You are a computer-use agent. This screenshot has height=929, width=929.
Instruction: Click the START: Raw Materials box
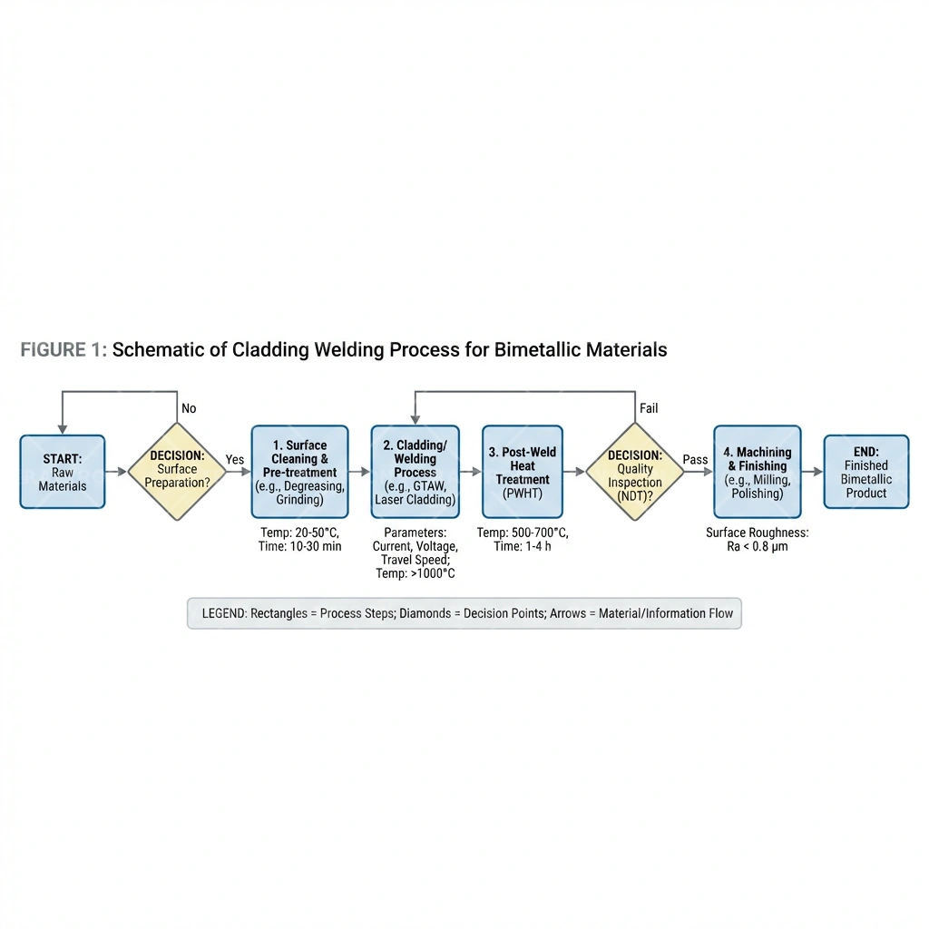click(x=63, y=472)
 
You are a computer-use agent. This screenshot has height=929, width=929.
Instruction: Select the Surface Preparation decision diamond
click(x=177, y=471)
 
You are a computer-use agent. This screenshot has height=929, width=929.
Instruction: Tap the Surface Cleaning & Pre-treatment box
click(x=299, y=472)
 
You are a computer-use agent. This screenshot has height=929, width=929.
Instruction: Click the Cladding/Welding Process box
click(x=416, y=472)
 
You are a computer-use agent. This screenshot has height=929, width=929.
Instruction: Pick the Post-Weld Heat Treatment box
click(x=523, y=472)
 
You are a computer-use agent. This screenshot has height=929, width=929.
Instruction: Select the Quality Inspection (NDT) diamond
click(x=634, y=471)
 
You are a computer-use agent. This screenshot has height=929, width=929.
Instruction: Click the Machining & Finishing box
click(x=758, y=472)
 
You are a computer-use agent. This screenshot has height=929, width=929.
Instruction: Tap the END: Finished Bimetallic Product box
click(x=865, y=472)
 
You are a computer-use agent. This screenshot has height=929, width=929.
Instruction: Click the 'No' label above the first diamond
click(x=189, y=408)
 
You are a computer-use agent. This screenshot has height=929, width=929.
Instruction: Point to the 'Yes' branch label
click(x=235, y=460)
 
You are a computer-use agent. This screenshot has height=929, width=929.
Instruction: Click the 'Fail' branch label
click(x=649, y=408)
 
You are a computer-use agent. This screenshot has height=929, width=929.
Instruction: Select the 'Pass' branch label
click(x=695, y=460)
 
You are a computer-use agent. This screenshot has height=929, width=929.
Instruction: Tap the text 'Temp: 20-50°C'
click(x=299, y=533)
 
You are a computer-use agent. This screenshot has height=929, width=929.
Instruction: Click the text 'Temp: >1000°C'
click(x=416, y=573)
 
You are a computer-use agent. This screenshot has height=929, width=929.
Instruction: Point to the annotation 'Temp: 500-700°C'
click(x=523, y=533)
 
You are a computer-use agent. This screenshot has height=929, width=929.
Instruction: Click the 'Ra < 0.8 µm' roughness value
click(x=758, y=546)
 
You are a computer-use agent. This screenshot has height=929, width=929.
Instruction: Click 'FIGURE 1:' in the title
click(x=64, y=350)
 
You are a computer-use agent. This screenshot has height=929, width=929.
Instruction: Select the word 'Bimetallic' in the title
click(x=538, y=350)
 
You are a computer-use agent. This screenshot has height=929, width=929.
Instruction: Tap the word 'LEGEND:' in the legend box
click(x=222, y=613)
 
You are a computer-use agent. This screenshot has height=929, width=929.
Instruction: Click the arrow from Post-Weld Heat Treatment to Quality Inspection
click(x=574, y=472)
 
